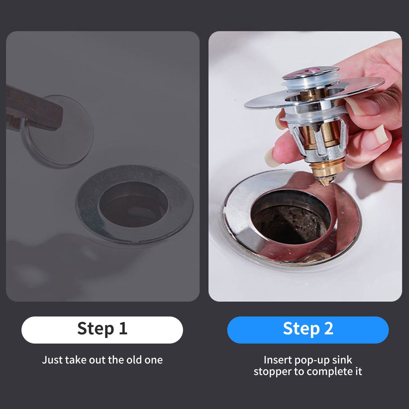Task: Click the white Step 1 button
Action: point(102,330)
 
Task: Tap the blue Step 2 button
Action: point(308,330)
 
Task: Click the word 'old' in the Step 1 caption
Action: point(134,360)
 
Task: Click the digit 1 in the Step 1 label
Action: point(123,328)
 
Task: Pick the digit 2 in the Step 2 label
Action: point(329,328)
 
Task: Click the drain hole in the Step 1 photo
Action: point(133,204)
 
